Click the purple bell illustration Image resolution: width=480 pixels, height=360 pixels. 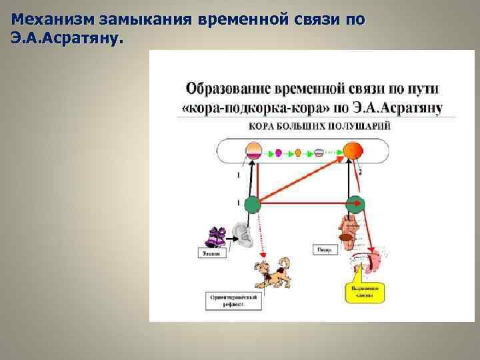(218, 237)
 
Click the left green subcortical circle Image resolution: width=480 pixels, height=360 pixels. (253, 205)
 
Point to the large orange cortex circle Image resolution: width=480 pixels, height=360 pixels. (353, 151)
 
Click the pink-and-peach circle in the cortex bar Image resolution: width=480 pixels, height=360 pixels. (253, 151)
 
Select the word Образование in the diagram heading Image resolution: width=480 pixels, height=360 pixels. (227, 88)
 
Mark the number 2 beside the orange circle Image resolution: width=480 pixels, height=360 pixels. (361, 172)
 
